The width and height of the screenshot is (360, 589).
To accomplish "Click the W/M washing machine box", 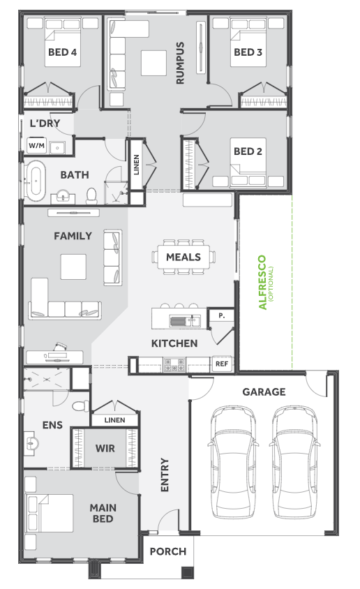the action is (36, 145).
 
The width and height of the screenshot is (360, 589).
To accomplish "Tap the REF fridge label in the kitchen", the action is (221, 364).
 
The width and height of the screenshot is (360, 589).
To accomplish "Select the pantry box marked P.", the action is (221, 315).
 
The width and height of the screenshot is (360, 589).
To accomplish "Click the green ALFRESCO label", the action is (262, 282).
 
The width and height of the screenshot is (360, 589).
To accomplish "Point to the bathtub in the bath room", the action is (36, 181).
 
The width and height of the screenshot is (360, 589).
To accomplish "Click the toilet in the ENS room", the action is (80, 406).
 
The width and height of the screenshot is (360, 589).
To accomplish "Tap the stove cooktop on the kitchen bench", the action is (174, 364).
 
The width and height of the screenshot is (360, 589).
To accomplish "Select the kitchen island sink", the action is (185, 321).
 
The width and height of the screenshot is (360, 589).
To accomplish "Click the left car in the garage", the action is (233, 462).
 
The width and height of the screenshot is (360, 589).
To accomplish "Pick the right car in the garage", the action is (294, 462).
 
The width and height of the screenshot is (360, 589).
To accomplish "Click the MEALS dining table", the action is (183, 257).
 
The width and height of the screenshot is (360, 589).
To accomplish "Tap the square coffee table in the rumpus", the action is (154, 63).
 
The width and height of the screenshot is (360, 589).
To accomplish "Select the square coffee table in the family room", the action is (73, 267).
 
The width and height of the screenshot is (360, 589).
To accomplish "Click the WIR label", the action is (105, 448).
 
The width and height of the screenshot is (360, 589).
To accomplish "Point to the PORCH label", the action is (168, 551).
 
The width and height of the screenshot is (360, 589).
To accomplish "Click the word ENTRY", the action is (165, 475).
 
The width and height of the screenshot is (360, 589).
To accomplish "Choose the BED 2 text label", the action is (248, 151).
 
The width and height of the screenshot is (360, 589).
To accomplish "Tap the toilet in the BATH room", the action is (91, 195).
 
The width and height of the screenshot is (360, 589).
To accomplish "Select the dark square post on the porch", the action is (187, 572).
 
